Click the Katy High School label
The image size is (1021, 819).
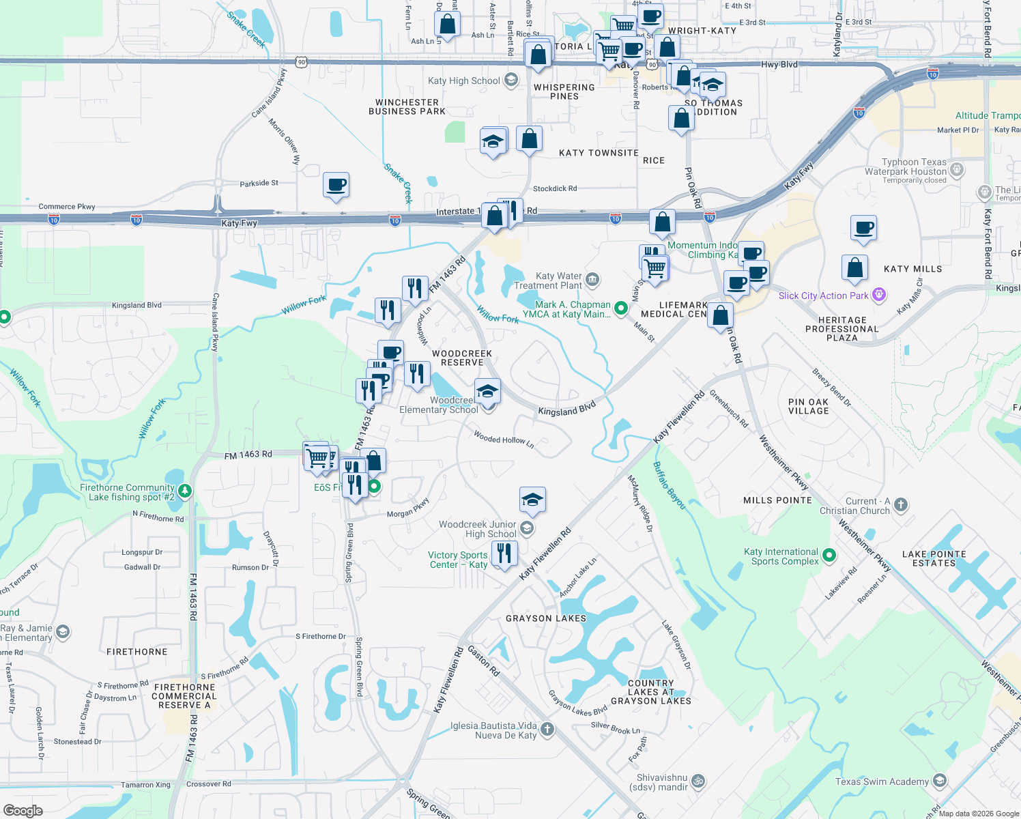click(464, 81)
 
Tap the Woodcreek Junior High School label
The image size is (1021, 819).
click(478, 529)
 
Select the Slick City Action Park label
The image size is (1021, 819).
click(824, 296)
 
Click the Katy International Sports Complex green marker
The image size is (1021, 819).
click(829, 556)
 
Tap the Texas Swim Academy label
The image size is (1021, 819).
click(882, 781)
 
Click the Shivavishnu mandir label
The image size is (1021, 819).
click(663, 782)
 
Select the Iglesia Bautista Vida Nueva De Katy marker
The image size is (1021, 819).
click(547, 730)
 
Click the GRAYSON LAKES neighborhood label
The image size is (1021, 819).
click(546, 618)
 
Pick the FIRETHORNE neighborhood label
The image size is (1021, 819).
click(137, 652)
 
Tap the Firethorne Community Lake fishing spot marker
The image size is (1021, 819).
click(184, 491)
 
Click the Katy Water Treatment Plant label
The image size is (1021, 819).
click(558, 281)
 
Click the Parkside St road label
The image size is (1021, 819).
click(259, 183)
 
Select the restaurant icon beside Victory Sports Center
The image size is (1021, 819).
click(504, 552)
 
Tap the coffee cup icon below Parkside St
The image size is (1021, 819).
click(336, 185)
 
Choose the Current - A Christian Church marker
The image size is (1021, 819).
click(900, 505)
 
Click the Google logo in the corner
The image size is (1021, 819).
click(23, 811)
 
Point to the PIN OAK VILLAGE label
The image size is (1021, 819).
click(808, 407)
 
